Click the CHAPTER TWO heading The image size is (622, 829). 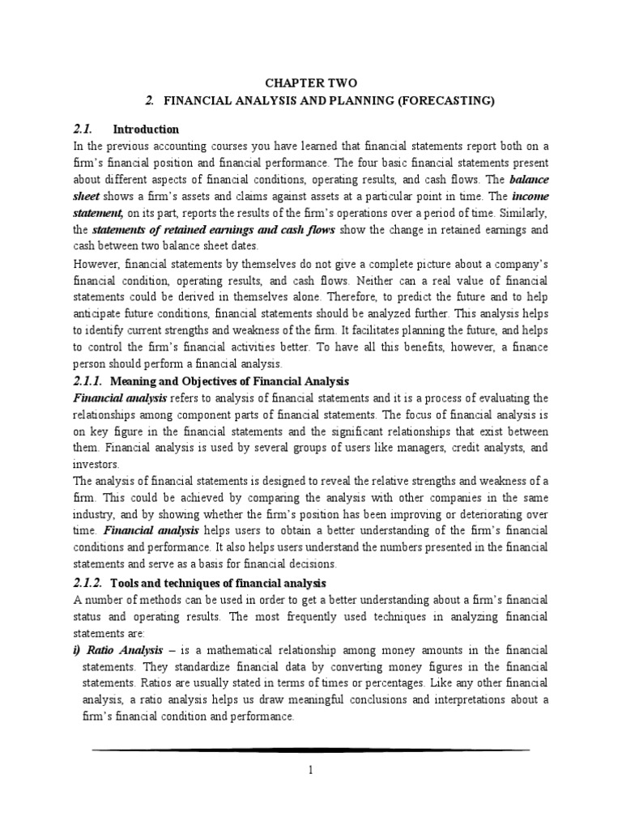pos(311,83)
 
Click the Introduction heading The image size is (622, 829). pos(146,129)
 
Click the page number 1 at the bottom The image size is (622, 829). pos(310,772)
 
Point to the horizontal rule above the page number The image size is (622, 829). pos(311,750)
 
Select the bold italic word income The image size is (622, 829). pos(530,197)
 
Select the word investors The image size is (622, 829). pos(96,465)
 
